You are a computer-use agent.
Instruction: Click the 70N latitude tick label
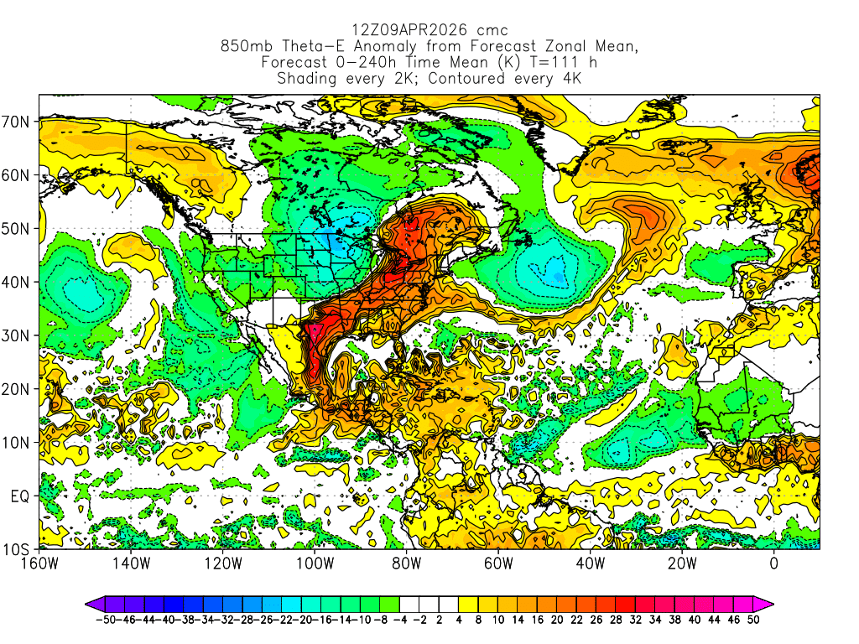pyautogui.click(x=18, y=122)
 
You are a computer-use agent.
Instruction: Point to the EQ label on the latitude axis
pyautogui.click(x=20, y=496)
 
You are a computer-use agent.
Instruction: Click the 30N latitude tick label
pyautogui.click(x=18, y=335)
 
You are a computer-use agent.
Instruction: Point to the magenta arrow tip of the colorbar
pyautogui.click(x=768, y=603)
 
